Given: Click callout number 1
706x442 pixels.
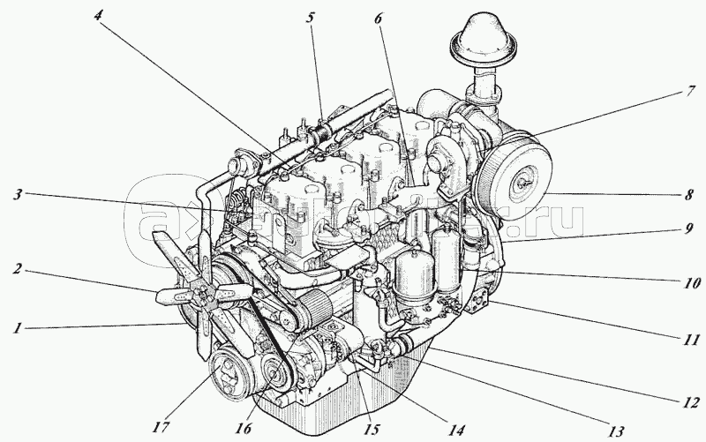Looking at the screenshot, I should coord(17,328).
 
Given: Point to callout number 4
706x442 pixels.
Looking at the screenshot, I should coord(97,14).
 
